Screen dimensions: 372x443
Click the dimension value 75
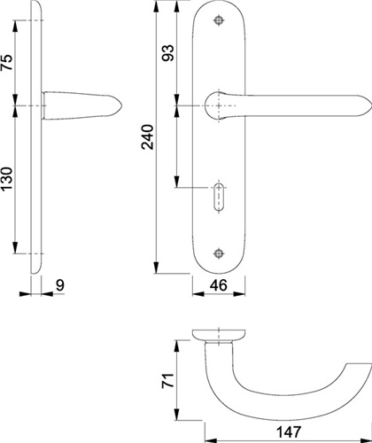click(8, 62)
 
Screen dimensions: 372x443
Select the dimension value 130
click(8, 179)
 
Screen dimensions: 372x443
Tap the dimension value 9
click(60, 285)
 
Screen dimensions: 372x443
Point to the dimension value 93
click(167, 53)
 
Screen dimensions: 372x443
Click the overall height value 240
click(148, 137)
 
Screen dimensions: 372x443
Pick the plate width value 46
click(219, 285)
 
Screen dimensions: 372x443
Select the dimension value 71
click(168, 380)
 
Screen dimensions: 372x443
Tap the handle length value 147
click(289, 432)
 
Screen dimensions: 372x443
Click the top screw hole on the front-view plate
click(219, 20)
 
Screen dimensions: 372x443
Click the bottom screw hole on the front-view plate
click(219, 253)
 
